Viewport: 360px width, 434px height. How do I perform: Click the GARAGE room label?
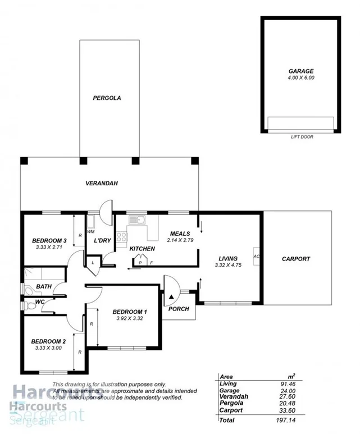(300, 71)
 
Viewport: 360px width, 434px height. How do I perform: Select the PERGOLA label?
(107, 98)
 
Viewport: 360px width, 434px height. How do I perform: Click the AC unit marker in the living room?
(256, 256)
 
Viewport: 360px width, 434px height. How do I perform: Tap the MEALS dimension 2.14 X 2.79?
(180, 240)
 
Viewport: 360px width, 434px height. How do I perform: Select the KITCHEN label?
(142, 248)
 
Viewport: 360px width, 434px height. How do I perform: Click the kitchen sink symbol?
(137, 221)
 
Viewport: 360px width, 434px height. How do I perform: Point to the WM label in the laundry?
(91, 231)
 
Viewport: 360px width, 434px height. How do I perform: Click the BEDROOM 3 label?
(49, 241)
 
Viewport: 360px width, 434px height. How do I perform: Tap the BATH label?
(44, 286)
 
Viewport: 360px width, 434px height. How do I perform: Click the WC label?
(39, 302)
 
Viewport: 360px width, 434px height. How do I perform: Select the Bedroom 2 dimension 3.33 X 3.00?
(48, 348)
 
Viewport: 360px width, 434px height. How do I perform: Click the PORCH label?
(179, 309)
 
